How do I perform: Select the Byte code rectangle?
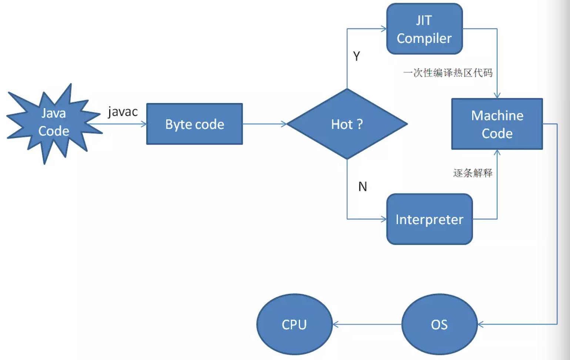[194, 124]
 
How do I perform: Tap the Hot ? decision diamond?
[347, 124]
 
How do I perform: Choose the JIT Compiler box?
[425, 29]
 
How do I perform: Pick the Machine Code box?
[497, 124]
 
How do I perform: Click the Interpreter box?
[429, 219]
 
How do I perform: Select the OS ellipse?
[439, 324]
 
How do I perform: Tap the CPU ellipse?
[294, 324]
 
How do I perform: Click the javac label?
[123, 111]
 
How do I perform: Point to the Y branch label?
[356, 56]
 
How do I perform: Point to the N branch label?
[363, 187]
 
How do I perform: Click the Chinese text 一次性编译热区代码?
[448, 73]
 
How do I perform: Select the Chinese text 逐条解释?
[473, 173]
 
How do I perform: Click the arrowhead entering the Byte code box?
[144, 124]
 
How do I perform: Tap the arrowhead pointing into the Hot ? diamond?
[284, 124]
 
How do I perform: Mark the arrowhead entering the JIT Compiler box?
[384, 29]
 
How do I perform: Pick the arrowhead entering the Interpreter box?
[384, 219]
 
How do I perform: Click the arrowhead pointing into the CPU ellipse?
[336, 324]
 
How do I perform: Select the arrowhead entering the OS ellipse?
[480, 324]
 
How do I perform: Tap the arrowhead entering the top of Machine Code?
[497, 96]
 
